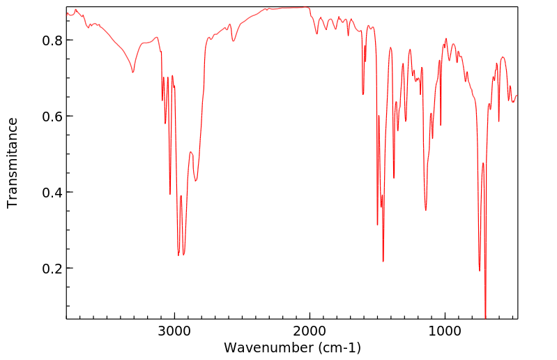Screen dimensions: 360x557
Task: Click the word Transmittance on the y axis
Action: (13, 163)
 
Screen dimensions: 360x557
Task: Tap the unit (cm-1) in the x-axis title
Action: (339, 347)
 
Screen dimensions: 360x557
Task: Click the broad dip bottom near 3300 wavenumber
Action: (132, 72)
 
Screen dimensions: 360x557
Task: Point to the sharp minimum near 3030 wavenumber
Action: (170, 194)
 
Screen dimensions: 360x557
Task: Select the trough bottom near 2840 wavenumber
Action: (196, 181)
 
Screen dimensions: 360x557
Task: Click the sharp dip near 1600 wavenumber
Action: (363, 94)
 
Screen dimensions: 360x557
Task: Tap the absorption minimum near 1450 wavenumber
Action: (383, 261)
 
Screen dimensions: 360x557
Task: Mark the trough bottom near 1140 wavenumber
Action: (426, 209)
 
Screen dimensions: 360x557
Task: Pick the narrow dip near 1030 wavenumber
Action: (441, 125)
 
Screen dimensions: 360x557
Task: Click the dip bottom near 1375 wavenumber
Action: (394, 178)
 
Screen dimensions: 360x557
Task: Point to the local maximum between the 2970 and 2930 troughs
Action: (181, 196)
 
